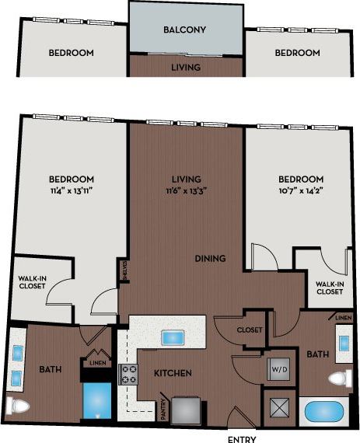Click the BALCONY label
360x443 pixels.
tap(184, 30)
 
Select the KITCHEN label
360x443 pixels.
tap(172, 374)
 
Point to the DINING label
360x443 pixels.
tap(210, 259)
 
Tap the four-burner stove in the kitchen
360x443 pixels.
tap(128, 375)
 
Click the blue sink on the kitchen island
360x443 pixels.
tap(171, 338)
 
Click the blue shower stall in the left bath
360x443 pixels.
tap(98, 401)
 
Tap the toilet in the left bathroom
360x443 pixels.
tap(17, 404)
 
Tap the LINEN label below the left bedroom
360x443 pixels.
tap(96, 362)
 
